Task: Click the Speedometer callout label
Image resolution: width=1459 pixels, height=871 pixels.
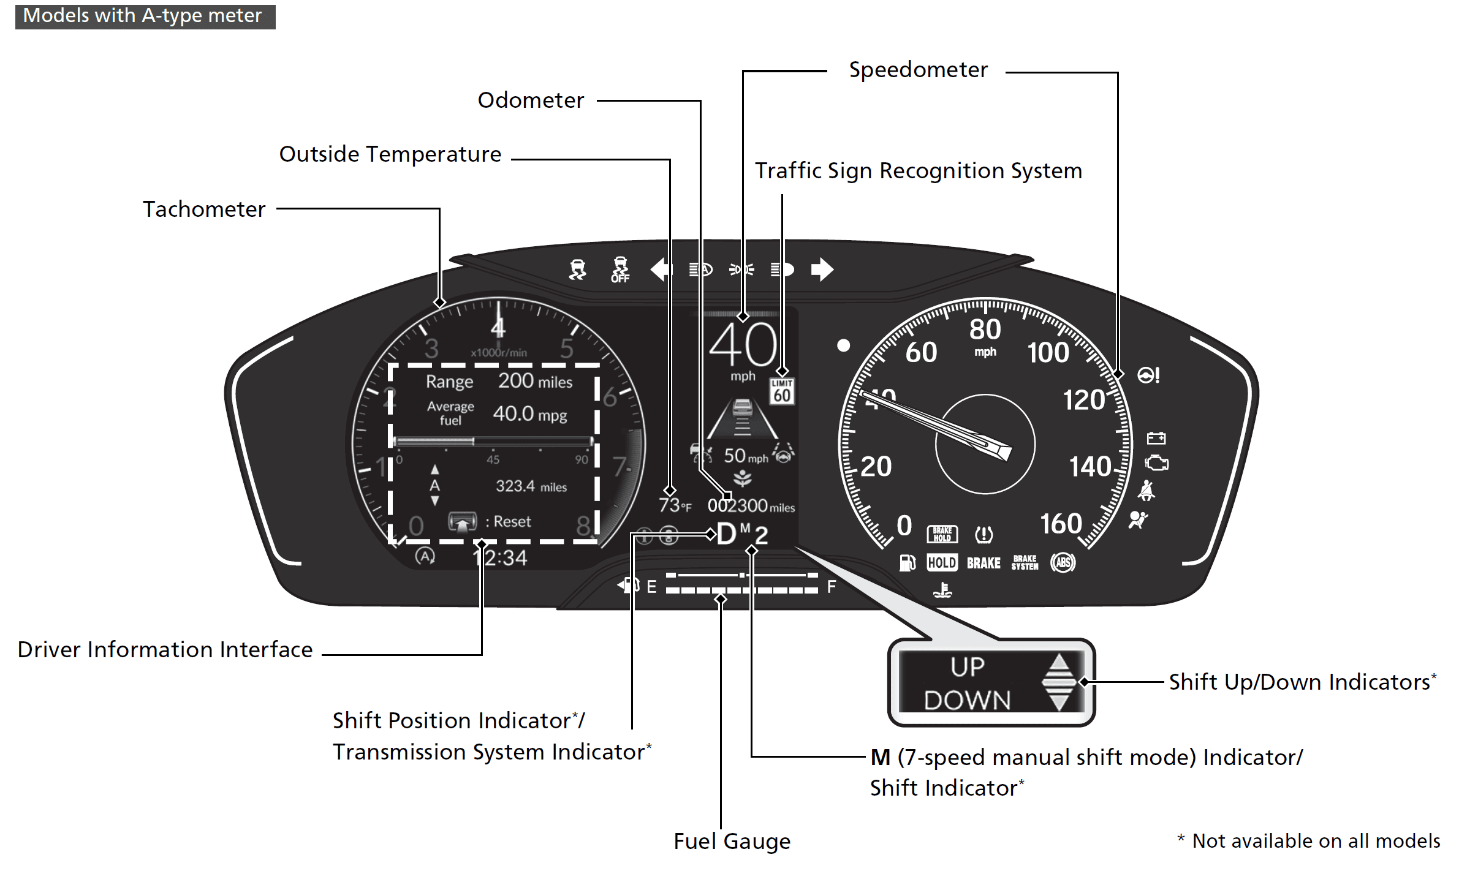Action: coord(917,70)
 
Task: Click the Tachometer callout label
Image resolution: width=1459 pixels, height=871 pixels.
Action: coord(204,209)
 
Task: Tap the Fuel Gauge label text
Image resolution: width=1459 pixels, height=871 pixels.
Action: coord(732,842)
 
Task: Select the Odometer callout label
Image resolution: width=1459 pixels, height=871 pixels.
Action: coord(531,100)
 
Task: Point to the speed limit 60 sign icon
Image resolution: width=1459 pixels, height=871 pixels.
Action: coord(782,391)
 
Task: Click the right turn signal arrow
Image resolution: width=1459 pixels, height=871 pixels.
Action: coord(822,270)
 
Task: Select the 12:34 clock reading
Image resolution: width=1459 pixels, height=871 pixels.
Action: coord(500,558)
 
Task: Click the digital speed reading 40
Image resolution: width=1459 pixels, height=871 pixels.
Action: coord(743,345)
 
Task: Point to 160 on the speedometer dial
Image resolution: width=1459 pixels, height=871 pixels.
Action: coord(1061,524)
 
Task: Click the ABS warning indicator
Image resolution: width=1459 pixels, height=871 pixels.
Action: coord(1063,562)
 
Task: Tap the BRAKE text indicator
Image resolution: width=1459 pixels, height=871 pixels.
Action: coord(983,563)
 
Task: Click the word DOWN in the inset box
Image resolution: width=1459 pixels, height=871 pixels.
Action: coord(967,700)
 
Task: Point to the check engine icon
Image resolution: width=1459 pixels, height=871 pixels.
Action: coord(1156,464)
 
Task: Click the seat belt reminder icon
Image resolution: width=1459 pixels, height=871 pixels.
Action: coord(1146,491)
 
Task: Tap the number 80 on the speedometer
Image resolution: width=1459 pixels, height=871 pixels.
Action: coord(985,330)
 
